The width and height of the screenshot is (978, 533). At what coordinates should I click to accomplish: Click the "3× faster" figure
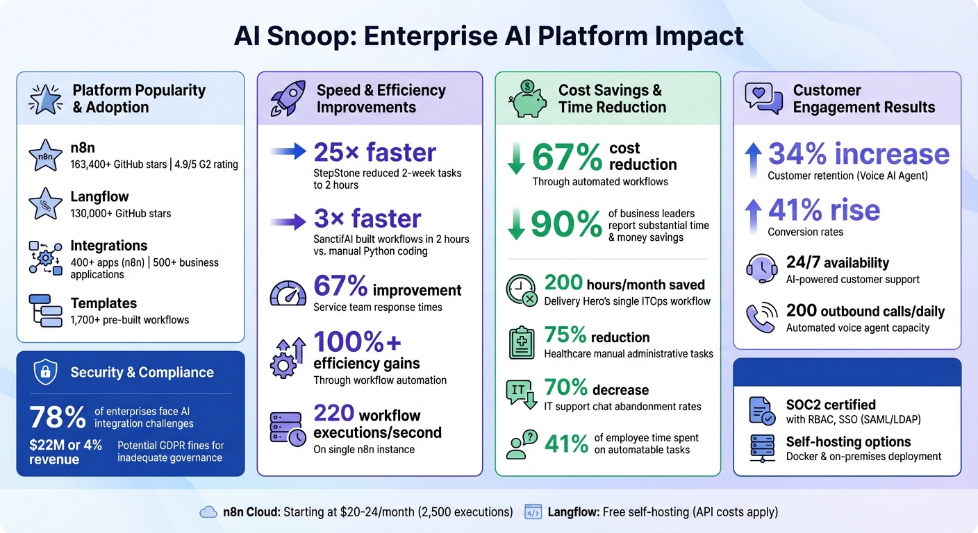[x=367, y=219]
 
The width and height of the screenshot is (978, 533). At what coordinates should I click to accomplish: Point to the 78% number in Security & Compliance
[x=57, y=418]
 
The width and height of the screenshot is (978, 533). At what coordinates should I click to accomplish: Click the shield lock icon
[x=45, y=373]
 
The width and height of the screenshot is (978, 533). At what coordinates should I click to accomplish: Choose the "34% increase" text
[x=859, y=154]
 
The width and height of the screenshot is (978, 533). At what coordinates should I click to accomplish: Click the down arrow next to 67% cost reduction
[x=516, y=159]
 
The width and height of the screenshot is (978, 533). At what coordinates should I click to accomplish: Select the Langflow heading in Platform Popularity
[x=99, y=197]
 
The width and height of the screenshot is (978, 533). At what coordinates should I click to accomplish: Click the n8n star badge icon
[x=45, y=156]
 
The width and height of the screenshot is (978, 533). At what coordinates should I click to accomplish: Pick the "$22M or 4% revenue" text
[x=65, y=452]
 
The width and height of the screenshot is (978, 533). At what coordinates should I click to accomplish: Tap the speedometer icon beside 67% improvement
[x=287, y=294]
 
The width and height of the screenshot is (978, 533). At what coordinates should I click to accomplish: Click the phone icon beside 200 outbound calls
[x=760, y=318]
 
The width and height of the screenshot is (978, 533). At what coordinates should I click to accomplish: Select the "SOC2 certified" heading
[x=831, y=405]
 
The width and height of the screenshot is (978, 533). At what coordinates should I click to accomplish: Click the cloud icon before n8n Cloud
[x=208, y=512]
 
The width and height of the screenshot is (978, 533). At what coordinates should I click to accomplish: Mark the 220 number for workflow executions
[x=334, y=414]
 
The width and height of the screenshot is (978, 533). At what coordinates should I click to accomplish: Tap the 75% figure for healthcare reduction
[x=565, y=336]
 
